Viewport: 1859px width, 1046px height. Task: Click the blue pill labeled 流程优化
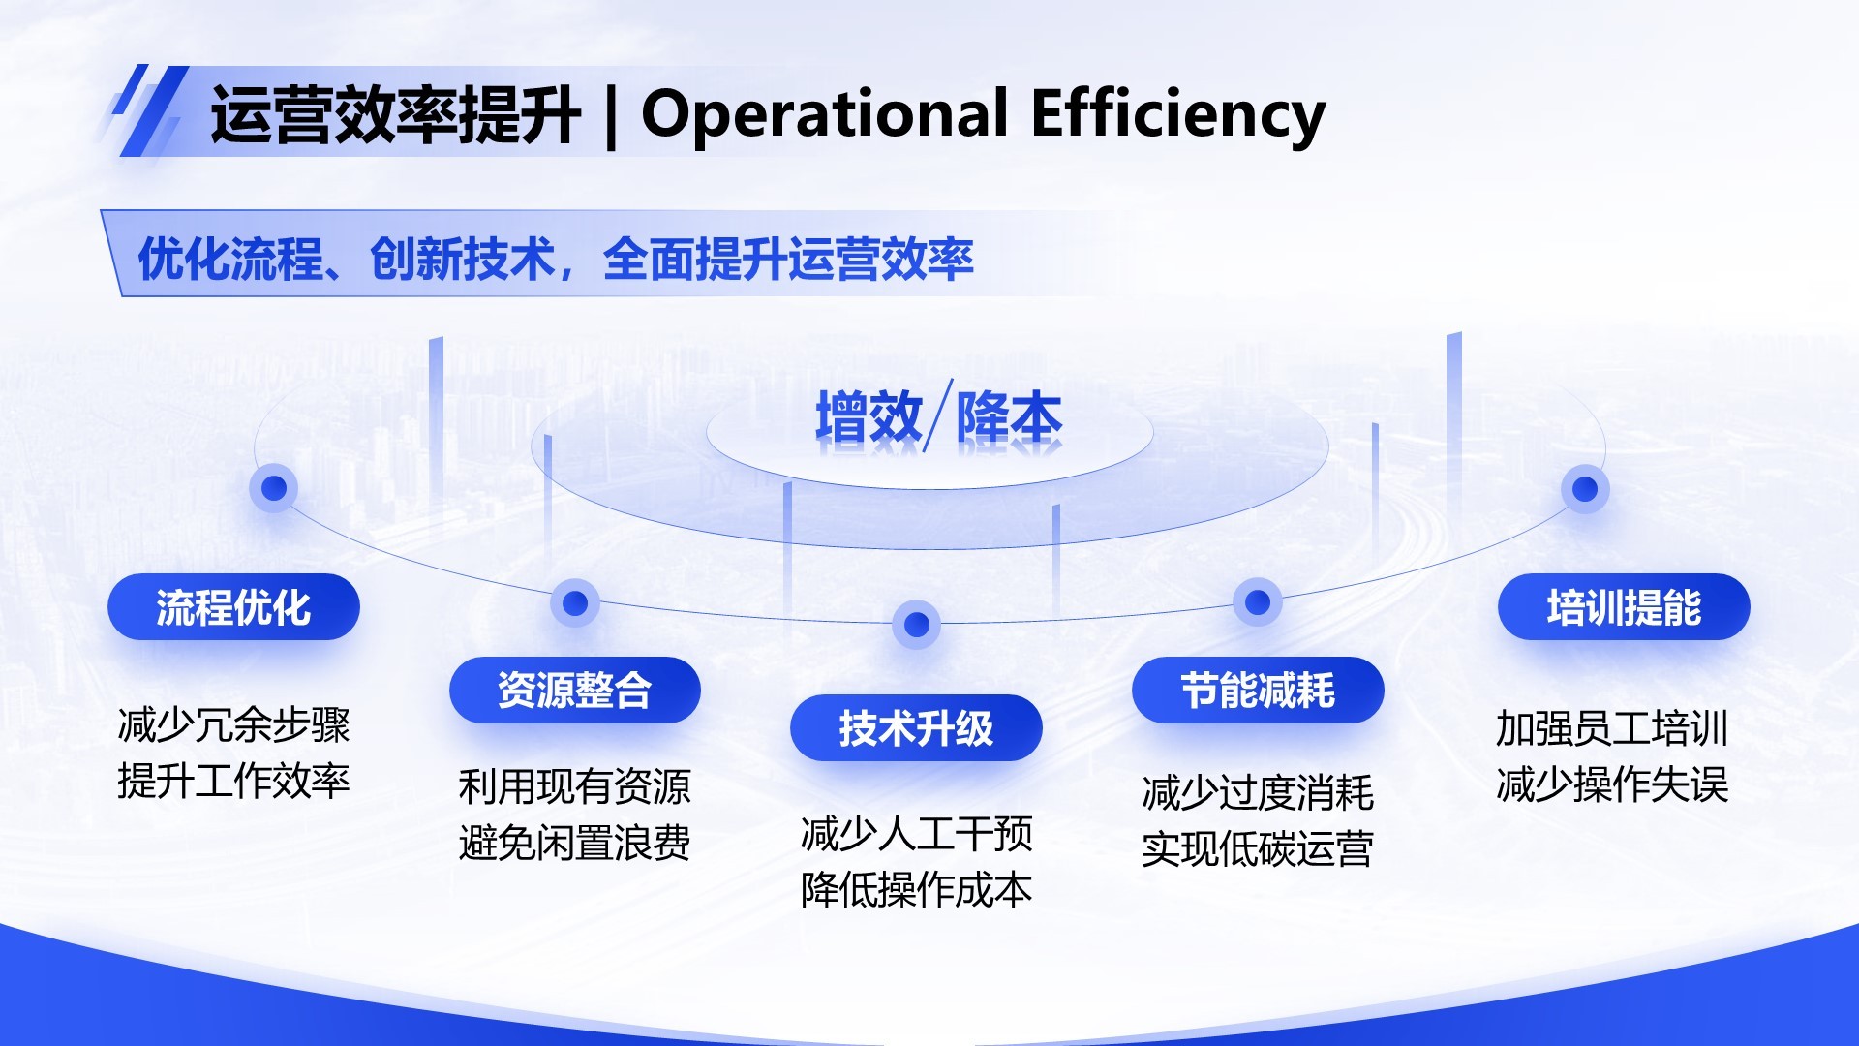(233, 607)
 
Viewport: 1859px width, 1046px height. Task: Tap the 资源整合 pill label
(574, 691)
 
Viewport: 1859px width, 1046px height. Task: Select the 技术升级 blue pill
(916, 728)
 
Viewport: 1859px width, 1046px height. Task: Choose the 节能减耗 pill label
(1258, 691)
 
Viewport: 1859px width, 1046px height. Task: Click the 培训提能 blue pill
(1624, 607)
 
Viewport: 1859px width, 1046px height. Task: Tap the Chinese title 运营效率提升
(395, 114)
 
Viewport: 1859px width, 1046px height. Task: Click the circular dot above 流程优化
(274, 487)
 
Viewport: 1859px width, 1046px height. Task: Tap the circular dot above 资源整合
(575, 603)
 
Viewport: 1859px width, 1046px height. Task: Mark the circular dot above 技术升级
(916, 625)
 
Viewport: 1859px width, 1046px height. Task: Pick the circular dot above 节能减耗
(1258, 602)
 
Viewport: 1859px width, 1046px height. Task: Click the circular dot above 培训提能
(1585, 489)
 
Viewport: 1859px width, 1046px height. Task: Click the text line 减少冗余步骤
(233, 725)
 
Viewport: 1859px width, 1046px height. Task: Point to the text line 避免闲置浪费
(574, 843)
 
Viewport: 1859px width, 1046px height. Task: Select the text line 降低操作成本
(916, 889)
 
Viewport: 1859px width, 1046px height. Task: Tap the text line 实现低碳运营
(1258, 849)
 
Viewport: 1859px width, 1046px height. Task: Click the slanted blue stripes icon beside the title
(147, 111)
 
